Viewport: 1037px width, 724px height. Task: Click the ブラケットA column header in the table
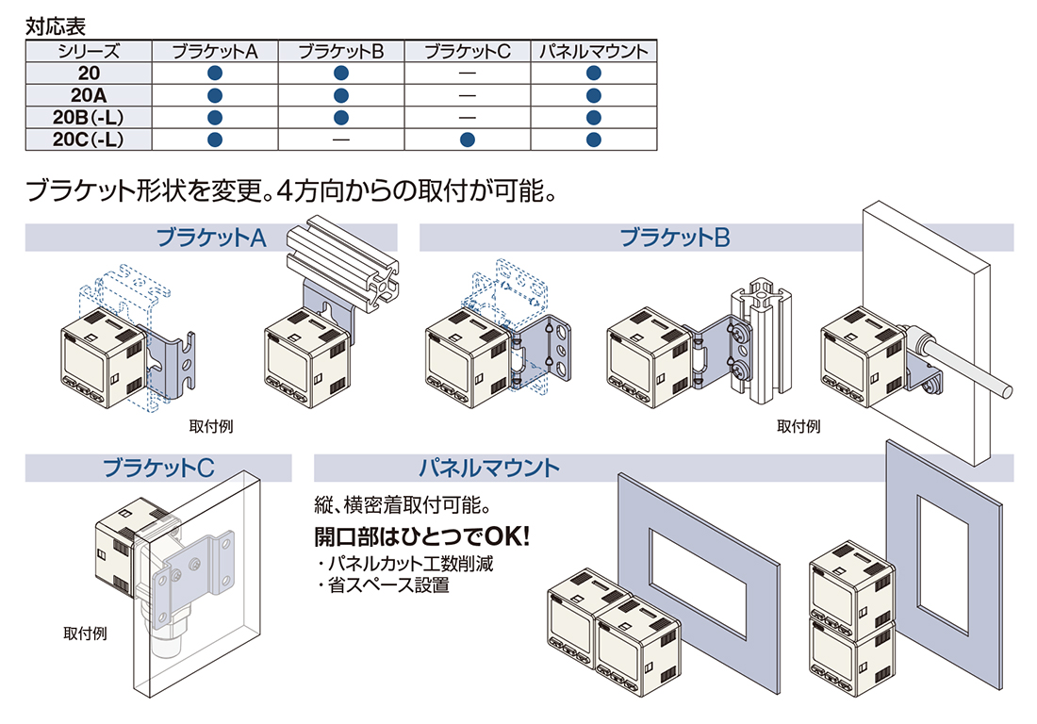(214, 52)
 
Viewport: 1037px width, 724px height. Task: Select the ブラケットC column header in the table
(467, 52)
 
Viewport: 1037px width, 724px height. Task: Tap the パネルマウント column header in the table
(593, 52)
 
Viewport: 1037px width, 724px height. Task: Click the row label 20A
(89, 95)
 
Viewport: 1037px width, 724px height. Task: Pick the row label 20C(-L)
(89, 140)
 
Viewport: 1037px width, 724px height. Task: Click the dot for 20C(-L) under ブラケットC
(468, 140)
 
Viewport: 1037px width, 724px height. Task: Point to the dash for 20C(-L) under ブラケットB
(341, 140)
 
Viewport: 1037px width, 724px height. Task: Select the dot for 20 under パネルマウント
(594, 73)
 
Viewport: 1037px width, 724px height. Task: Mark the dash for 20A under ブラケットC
(468, 95)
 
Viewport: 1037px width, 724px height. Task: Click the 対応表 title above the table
(56, 26)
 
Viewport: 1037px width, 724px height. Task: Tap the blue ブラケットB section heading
(675, 238)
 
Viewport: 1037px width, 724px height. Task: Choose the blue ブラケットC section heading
(158, 468)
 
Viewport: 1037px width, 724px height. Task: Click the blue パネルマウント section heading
(489, 468)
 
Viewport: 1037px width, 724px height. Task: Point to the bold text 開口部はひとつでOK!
(422, 536)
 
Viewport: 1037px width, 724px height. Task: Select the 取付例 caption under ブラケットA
(211, 426)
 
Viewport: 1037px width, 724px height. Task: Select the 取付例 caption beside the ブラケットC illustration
(85, 633)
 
